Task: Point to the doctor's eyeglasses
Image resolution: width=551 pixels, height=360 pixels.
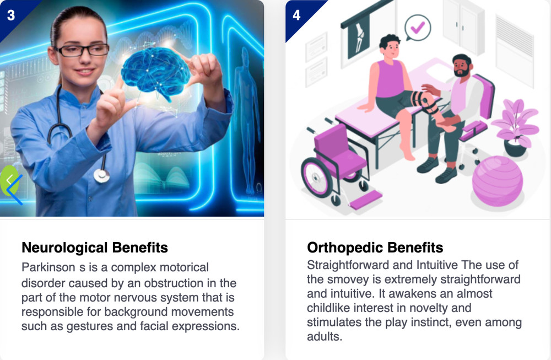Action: coord(82,50)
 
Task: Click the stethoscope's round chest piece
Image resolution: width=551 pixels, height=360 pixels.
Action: coord(101,175)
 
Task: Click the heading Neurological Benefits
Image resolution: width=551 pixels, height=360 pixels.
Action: coord(95,248)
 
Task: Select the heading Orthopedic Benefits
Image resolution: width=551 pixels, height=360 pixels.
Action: coord(375,248)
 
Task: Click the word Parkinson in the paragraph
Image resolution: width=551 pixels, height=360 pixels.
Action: coord(48,267)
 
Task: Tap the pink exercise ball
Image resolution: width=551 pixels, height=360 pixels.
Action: coord(497,181)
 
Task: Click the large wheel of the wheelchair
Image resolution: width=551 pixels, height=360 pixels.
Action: coord(317,178)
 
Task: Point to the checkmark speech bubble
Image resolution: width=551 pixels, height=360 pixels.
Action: coord(418,28)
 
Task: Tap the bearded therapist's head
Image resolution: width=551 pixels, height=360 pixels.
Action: coord(461,66)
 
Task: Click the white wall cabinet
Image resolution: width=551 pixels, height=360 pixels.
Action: coord(464,26)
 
